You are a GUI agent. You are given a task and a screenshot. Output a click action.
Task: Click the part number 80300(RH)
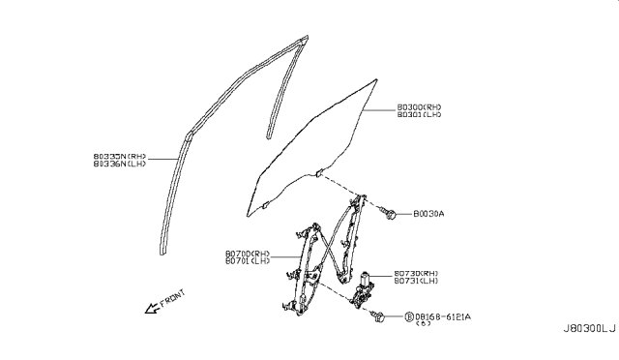420,107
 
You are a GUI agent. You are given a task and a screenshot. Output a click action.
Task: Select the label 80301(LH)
420,116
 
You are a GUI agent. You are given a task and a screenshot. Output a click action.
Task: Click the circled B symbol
409,315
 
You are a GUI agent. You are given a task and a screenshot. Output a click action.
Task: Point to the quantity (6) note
424,324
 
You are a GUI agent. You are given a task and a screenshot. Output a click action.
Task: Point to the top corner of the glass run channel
305,39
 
